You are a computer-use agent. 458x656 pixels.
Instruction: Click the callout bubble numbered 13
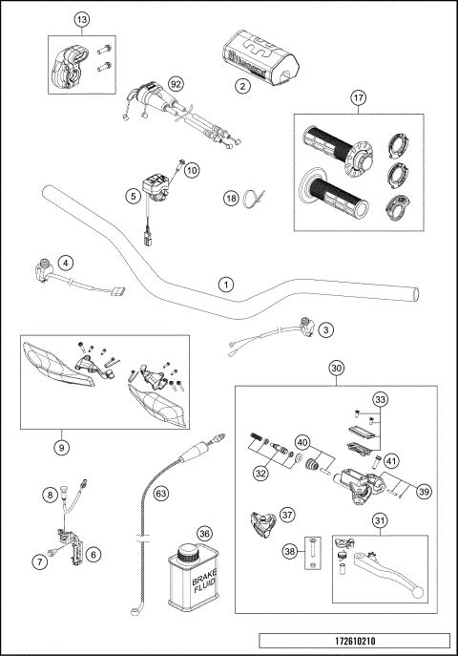click(x=81, y=20)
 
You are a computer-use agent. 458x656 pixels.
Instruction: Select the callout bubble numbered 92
click(x=175, y=83)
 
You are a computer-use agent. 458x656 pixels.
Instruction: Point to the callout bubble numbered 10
click(x=192, y=170)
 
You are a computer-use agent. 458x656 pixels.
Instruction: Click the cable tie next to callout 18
click(x=252, y=200)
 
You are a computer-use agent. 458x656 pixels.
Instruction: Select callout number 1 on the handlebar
click(x=225, y=284)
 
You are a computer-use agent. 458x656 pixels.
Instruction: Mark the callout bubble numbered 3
click(x=326, y=329)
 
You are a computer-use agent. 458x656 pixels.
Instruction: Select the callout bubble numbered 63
click(x=160, y=494)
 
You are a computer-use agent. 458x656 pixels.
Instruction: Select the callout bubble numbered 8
click(x=48, y=494)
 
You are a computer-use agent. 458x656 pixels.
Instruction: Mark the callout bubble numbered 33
click(x=381, y=399)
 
